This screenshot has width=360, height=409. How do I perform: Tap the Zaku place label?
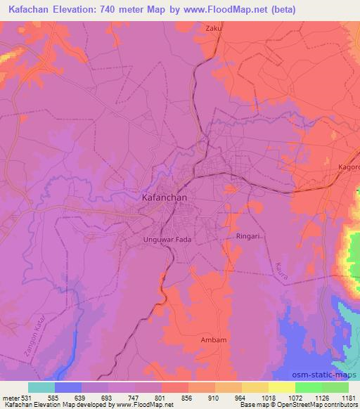[x=212, y=28]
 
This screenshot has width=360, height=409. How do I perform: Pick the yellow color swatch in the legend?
[x=282, y=387]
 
